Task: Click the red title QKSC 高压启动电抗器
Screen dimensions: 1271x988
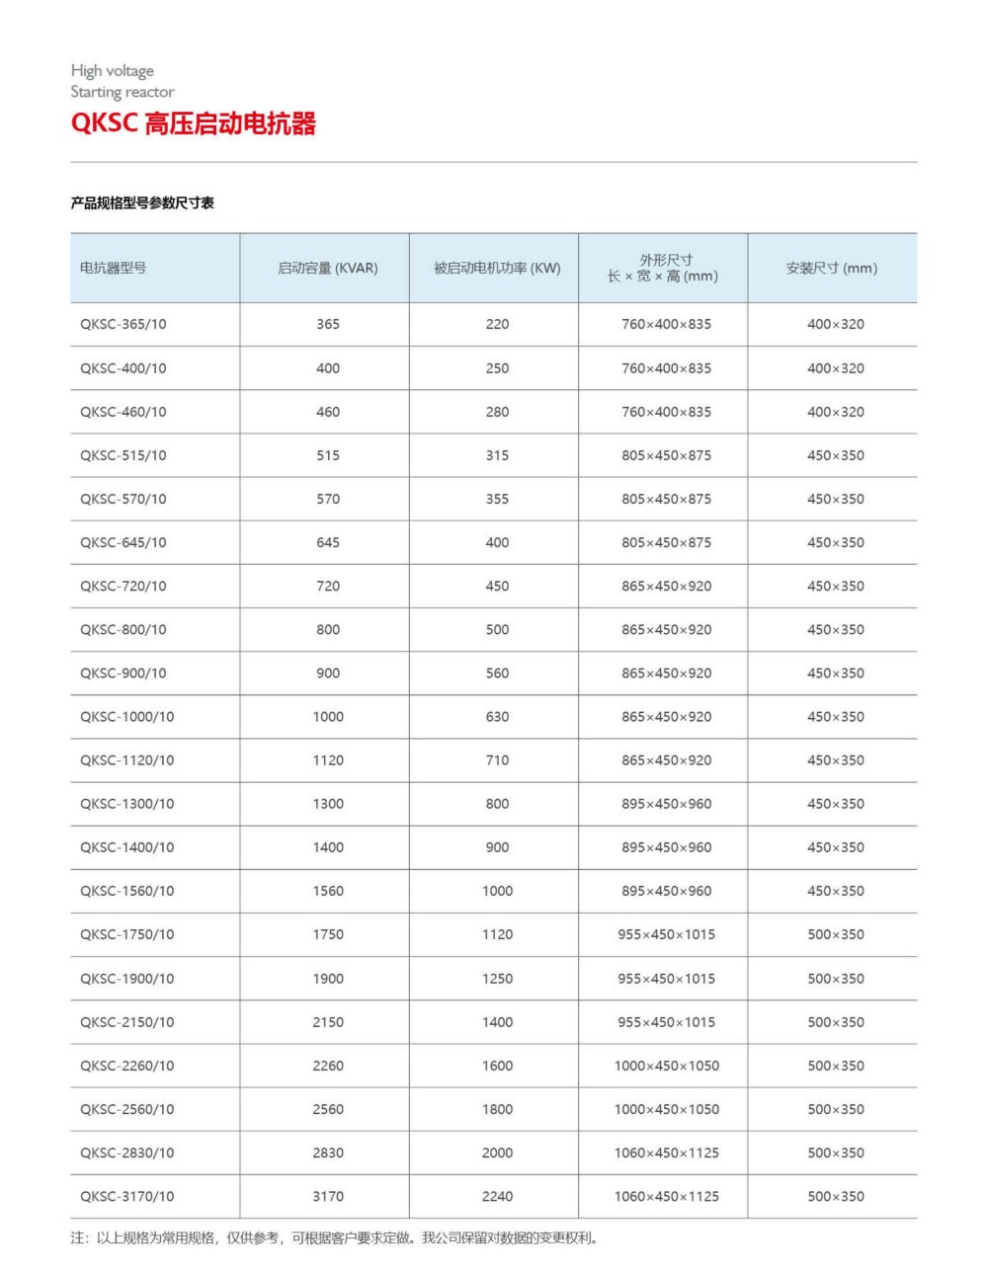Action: click(x=194, y=124)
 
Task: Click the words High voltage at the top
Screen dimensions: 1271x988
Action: click(x=113, y=71)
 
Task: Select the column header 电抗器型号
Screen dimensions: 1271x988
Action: click(x=114, y=268)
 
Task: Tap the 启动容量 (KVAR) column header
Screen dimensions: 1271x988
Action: click(x=327, y=268)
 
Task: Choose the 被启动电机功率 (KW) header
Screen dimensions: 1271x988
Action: click(x=497, y=268)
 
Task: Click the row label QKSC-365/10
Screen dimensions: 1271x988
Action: click(x=123, y=324)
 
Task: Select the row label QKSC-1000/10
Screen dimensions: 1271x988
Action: click(x=126, y=717)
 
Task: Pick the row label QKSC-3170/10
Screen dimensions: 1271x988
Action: click(x=126, y=1196)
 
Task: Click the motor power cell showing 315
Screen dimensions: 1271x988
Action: click(x=497, y=455)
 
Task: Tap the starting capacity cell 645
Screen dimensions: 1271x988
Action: click(x=328, y=542)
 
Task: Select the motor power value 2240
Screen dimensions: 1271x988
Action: click(x=497, y=1196)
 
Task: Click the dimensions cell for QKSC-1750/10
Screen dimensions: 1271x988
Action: click(x=666, y=934)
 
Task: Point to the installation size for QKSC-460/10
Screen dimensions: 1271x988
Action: click(x=835, y=412)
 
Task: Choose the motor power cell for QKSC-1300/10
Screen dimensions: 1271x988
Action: click(x=497, y=804)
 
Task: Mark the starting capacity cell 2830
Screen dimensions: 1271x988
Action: click(x=328, y=1152)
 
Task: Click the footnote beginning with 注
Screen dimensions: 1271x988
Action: click(x=334, y=1237)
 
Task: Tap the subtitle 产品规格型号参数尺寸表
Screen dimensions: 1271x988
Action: click(x=142, y=203)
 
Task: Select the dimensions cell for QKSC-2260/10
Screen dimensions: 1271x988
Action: click(x=666, y=1066)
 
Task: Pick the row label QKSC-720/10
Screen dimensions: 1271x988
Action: click(x=123, y=586)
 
